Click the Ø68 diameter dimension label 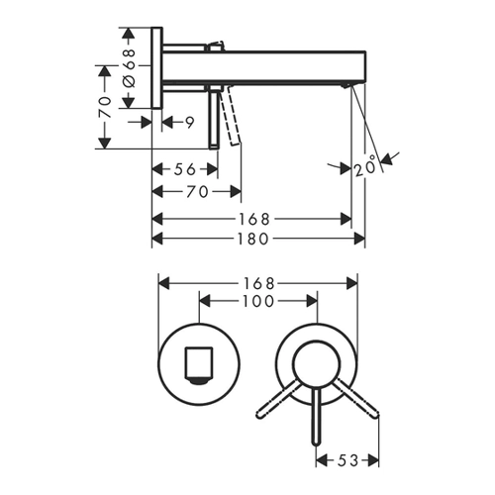[131, 68]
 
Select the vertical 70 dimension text [105, 107]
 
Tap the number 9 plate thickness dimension [189, 123]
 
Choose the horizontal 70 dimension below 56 [197, 191]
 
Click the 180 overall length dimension [254, 239]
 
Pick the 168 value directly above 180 [254, 219]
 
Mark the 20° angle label [365, 166]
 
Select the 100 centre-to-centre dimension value [258, 301]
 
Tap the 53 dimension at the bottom [347, 460]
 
